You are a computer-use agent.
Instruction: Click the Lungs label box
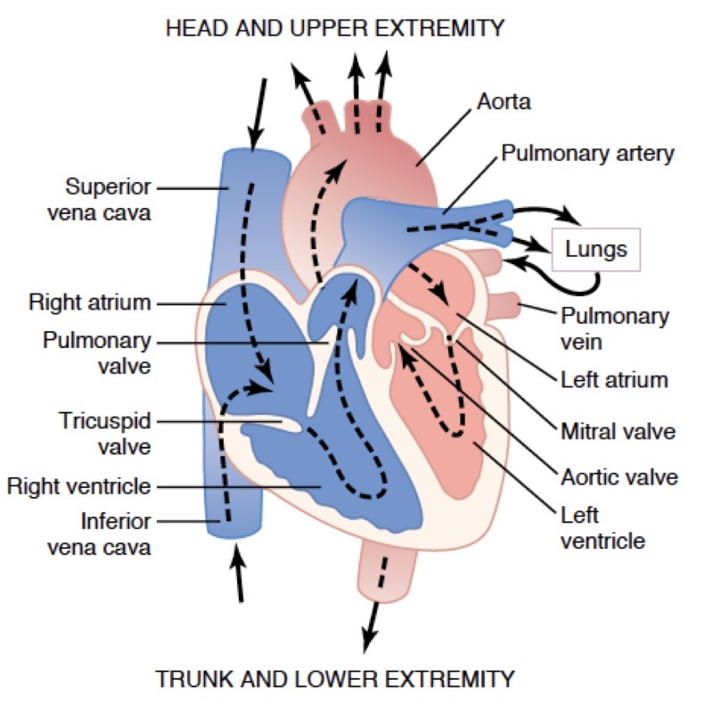point(596,249)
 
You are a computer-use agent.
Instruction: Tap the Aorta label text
point(504,102)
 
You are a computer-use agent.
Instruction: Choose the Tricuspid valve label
point(105,432)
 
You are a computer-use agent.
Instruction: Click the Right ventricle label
point(78,486)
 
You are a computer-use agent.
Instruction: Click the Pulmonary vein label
point(614,328)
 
